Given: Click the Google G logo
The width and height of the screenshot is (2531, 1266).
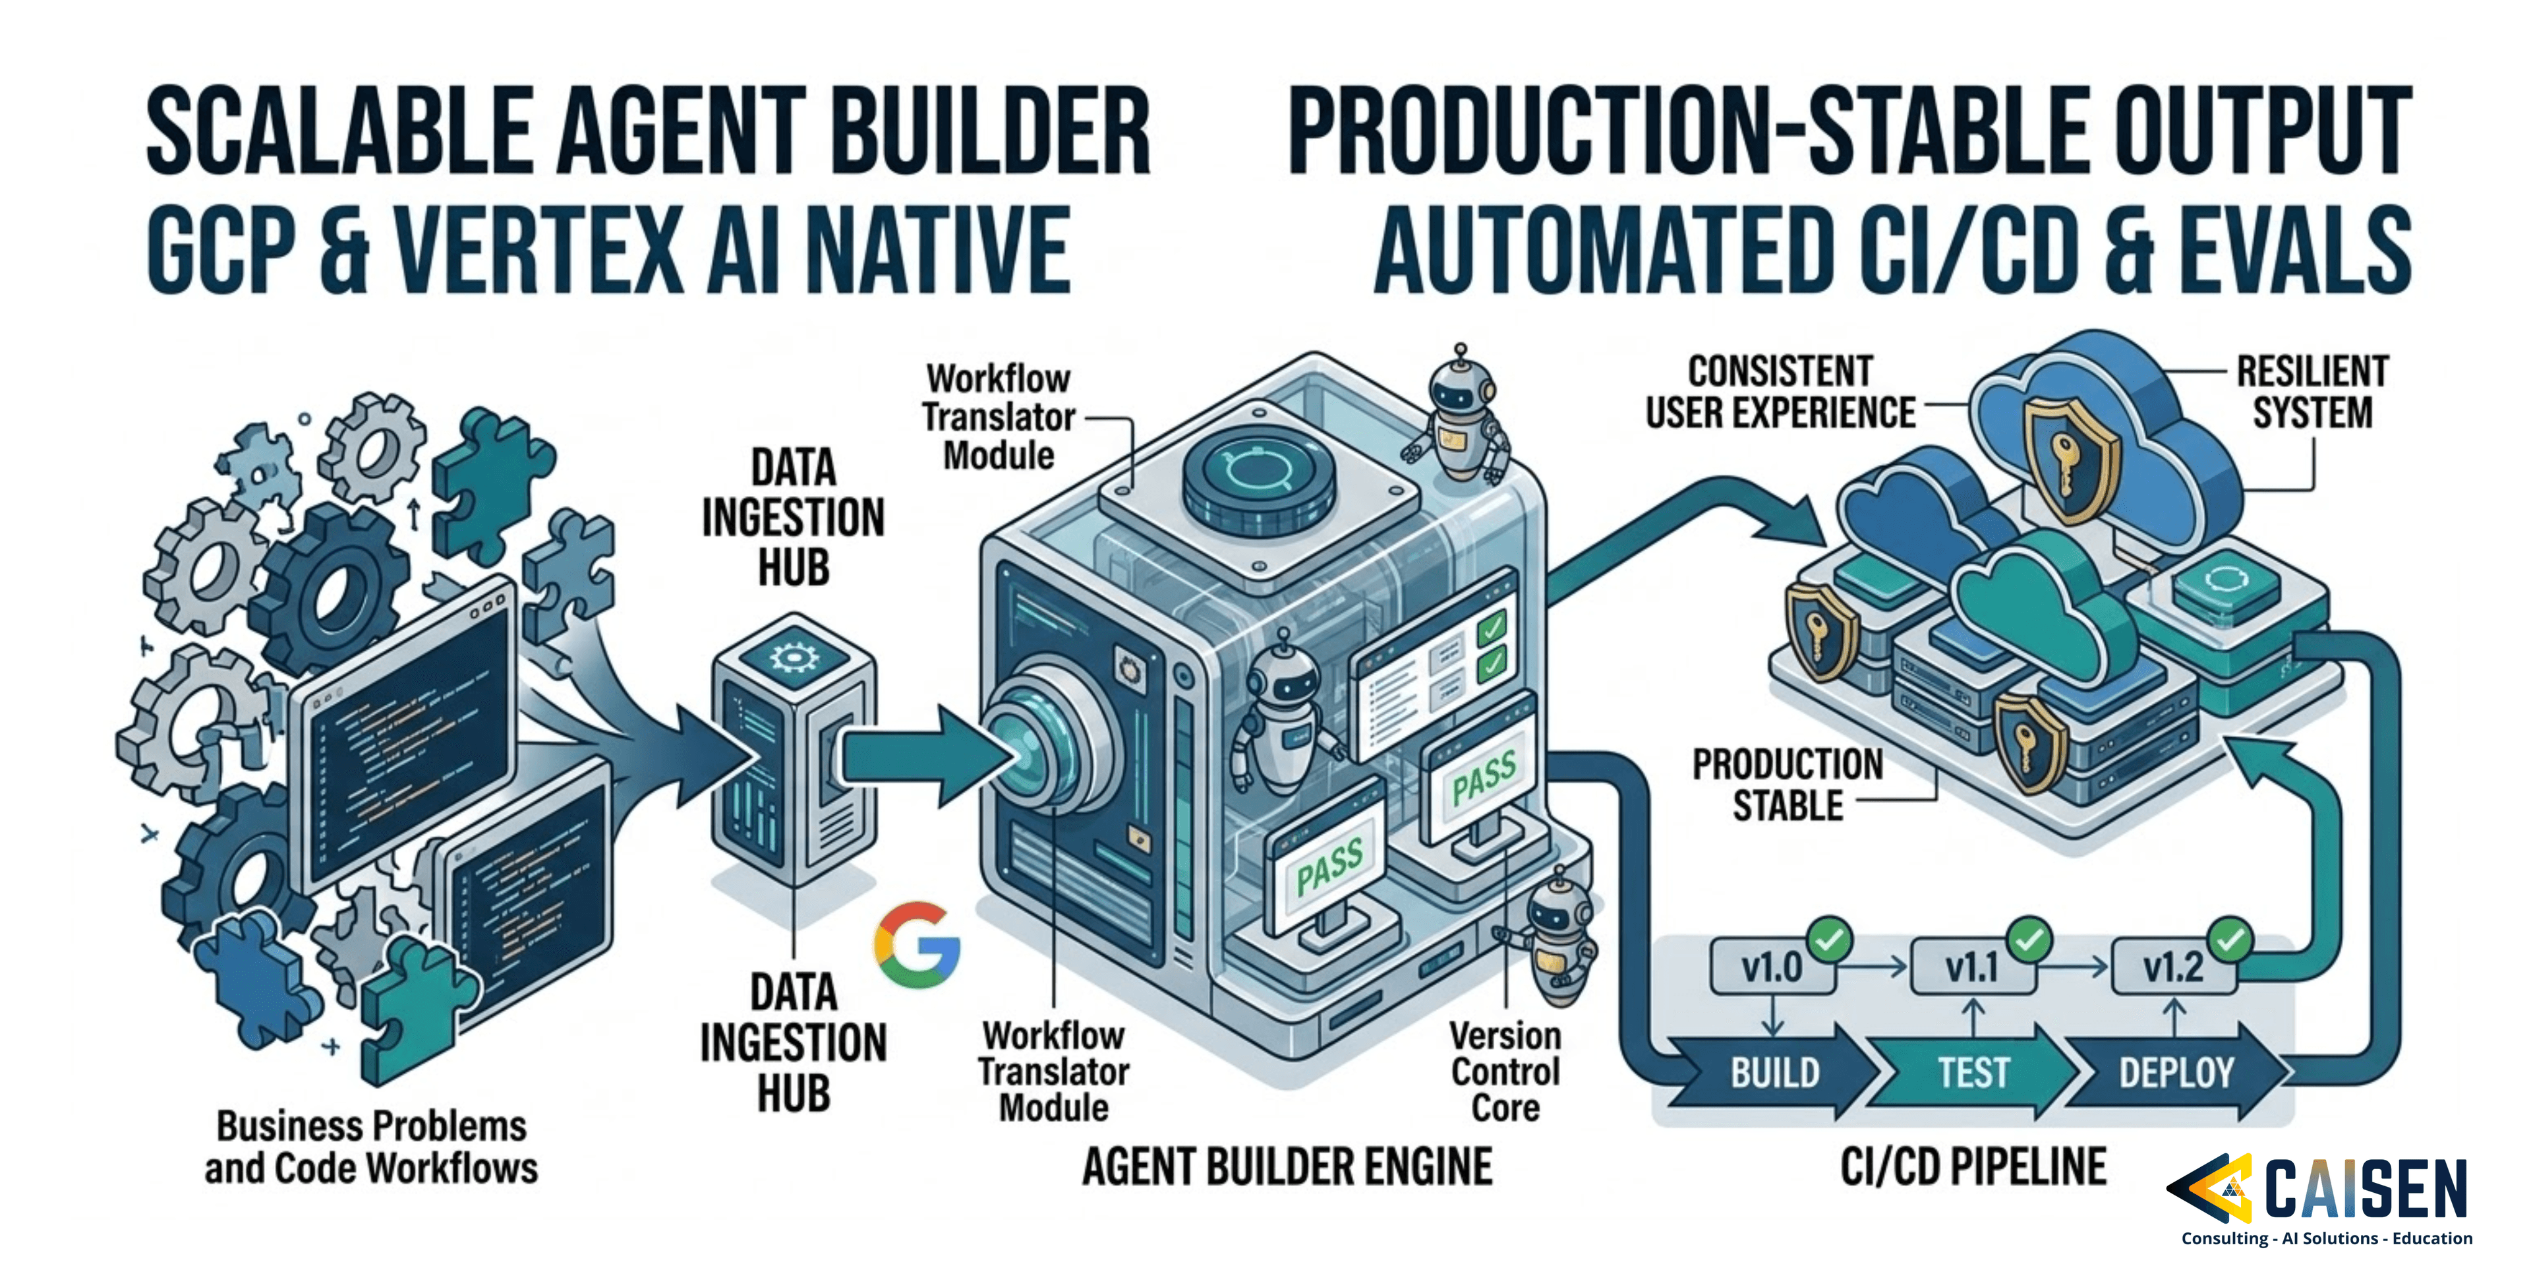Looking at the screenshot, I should (x=916, y=945).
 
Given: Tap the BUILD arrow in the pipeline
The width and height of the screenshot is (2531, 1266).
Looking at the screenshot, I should (x=1774, y=1072).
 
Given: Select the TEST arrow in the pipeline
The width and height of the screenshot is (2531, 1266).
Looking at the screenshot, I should (x=1973, y=1072).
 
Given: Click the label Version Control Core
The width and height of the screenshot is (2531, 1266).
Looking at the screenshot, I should (x=1504, y=1071).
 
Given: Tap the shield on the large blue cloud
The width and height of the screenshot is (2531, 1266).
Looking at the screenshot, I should (x=2071, y=460).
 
